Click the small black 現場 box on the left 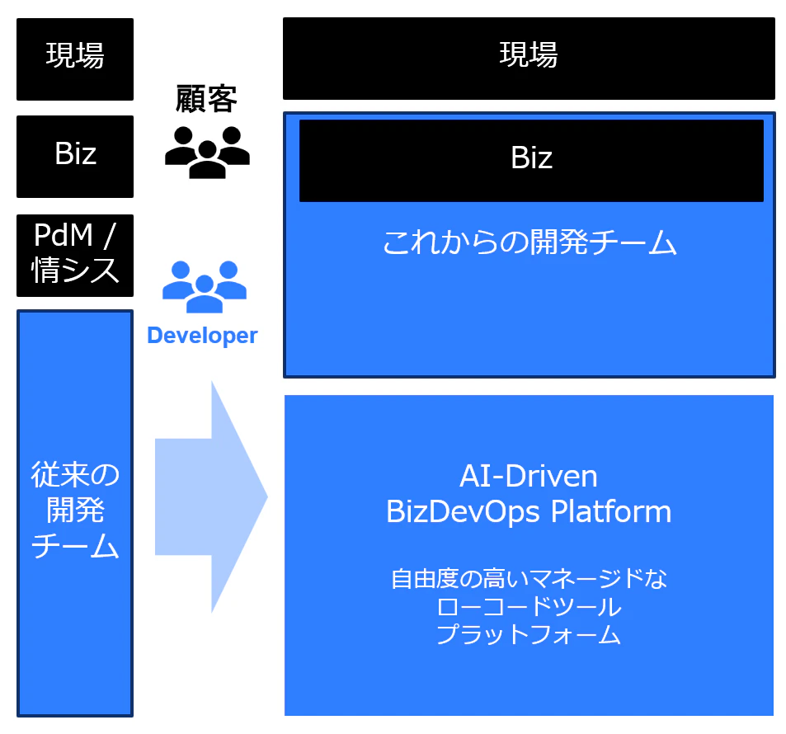coord(75,59)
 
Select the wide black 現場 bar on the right coord(529,59)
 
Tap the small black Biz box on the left coord(75,157)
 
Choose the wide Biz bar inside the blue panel coord(531,161)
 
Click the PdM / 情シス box coord(75,255)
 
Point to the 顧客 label coord(206,99)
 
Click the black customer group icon coord(207,153)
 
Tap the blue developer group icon coord(205,287)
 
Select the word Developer coord(202,336)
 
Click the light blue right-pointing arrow coord(211,496)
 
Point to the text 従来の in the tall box coord(75,474)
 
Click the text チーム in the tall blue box coord(75,545)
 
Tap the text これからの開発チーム coord(529,242)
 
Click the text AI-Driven coord(529,476)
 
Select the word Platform coord(611,512)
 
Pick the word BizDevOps coord(464,512)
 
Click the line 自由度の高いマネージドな coord(529,579)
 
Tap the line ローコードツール coord(529,607)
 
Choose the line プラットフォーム coord(529,634)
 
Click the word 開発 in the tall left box coord(75,510)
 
